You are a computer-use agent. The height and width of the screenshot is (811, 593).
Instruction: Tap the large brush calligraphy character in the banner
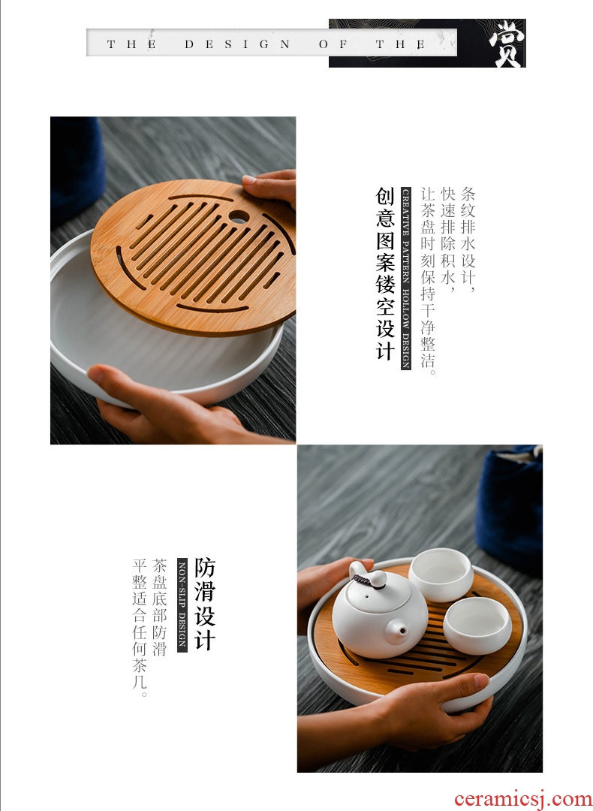click(507, 44)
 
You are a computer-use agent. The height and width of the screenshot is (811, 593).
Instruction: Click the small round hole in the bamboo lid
click(239, 217)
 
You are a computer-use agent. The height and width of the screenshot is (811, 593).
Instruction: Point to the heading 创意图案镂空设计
click(385, 273)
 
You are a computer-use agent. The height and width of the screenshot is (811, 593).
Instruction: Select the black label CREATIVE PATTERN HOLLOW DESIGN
click(406, 279)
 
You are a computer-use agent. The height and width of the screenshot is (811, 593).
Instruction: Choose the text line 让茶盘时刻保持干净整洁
click(428, 281)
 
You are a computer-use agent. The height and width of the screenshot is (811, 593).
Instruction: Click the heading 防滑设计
click(205, 604)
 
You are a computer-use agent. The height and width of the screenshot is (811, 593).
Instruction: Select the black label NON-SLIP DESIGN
click(182, 605)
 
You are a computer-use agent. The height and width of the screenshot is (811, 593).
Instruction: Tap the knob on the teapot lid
click(377, 578)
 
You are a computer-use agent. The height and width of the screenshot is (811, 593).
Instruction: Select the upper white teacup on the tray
click(441, 574)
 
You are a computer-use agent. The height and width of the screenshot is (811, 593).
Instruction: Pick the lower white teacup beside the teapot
click(477, 626)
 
